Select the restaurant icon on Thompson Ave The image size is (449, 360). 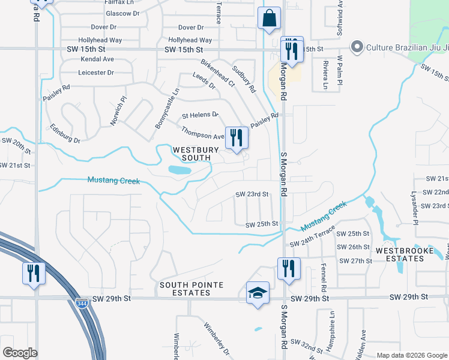click(x=236, y=137)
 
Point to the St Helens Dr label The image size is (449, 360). click(x=200, y=115)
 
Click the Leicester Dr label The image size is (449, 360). click(x=95, y=73)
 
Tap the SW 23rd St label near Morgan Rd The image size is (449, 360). click(x=252, y=194)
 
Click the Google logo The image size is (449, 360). click(x=20, y=353)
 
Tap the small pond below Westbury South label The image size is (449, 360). click(x=179, y=170)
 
